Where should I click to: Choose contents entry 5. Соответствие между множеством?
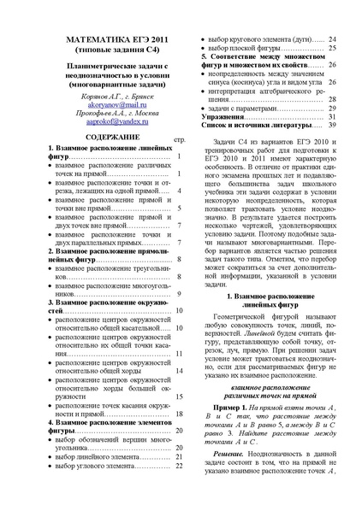click(x=257, y=65)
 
